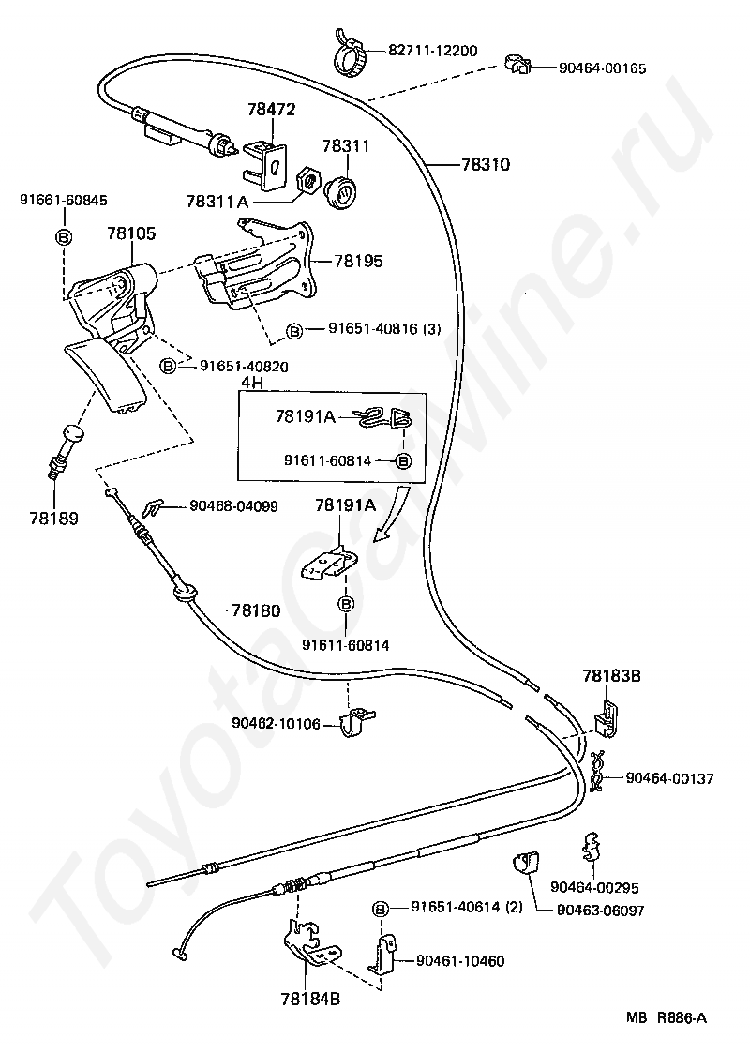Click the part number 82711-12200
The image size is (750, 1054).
[x=433, y=51]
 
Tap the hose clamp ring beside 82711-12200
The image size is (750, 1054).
[x=352, y=52]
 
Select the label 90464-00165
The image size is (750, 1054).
[x=602, y=68]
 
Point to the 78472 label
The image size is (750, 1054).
[x=271, y=109]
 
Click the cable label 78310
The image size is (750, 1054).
[x=486, y=164]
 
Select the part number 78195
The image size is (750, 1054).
[x=358, y=261]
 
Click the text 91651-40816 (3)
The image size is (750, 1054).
[x=384, y=329]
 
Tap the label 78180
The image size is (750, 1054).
[x=256, y=610]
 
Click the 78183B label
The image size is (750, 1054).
[x=611, y=675]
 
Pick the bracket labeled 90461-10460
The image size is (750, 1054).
[x=383, y=953]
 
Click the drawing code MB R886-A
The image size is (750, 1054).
[x=667, y=1017]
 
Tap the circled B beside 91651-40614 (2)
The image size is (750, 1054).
[x=381, y=909]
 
